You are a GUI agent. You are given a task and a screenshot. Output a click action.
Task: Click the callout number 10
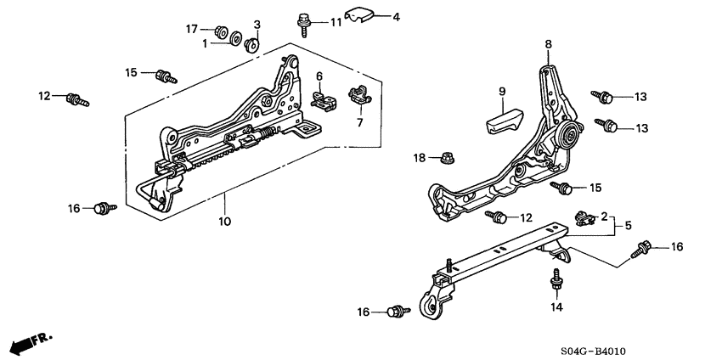tap(224, 222)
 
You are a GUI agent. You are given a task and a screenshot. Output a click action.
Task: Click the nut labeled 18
tap(445, 157)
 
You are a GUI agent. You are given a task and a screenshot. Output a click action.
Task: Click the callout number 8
tap(548, 44)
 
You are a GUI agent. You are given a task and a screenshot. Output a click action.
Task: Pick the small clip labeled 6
tap(322, 101)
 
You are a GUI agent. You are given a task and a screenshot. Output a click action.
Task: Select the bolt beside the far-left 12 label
tap(76, 98)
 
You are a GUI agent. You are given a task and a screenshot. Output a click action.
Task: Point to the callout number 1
tap(205, 43)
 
